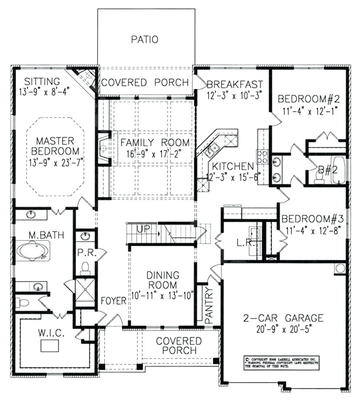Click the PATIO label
pyautogui.click(x=144, y=40)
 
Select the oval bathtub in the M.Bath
pyautogui.click(x=33, y=251)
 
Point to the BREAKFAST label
pyautogui.click(x=235, y=84)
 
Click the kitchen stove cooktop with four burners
pyautogui.click(x=262, y=156)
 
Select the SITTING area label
pyautogui.click(x=42, y=81)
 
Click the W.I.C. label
pyautogui.click(x=51, y=333)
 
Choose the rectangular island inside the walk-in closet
pyautogui.click(x=50, y=346)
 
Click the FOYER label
pyautogui.click(x=114, y=300)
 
